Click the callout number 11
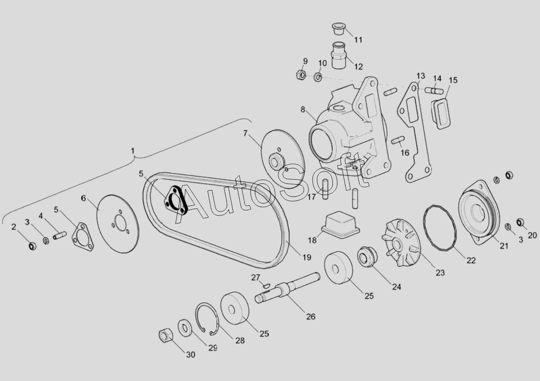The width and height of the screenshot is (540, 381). (358, 40)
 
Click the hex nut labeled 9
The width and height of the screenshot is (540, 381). (301, 75)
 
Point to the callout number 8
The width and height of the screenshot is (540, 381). (303, 110)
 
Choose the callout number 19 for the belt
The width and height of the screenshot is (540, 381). (307, 258)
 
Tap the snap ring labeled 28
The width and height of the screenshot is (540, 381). (207, 318)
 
